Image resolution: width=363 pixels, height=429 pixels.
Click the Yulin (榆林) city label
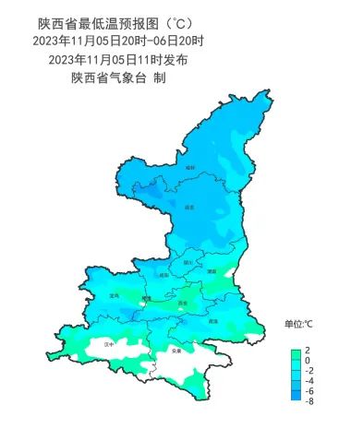[191, 168]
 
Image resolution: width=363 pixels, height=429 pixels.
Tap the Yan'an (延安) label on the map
[191, 207]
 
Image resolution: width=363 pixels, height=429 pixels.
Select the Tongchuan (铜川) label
[188, 263]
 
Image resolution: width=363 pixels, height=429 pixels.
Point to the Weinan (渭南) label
[212, 271]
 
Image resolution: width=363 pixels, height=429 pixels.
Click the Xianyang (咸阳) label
[164, 275]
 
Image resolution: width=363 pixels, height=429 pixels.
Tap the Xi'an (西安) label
[183, 303]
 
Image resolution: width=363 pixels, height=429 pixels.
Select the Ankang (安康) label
[176, 352]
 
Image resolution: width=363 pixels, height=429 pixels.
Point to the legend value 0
[309, 361]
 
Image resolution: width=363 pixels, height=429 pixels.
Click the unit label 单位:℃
[299, 324]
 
